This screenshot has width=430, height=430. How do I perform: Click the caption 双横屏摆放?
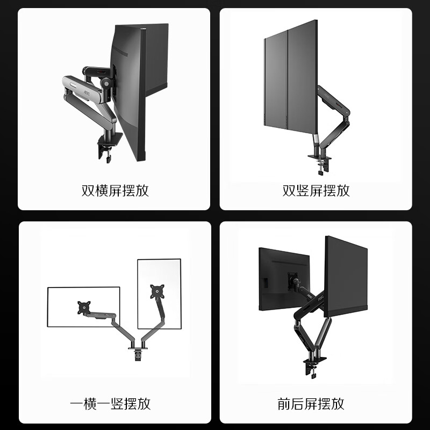(115, 191)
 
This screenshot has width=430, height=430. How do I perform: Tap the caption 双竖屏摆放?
(316, 191)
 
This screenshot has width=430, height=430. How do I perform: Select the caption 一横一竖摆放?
(110, 404)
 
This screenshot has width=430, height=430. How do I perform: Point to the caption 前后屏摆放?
(311, 404)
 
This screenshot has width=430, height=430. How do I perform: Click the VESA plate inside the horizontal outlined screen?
(84, 307)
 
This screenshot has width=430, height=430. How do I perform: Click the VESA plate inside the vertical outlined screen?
(157, 291)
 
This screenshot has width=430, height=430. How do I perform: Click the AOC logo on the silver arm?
(87, 92)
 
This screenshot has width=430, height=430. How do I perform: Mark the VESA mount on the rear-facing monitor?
(292, 281)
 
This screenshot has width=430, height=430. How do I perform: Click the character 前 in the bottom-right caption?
(284, 404)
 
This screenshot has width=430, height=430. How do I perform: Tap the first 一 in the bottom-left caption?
(77, 404)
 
